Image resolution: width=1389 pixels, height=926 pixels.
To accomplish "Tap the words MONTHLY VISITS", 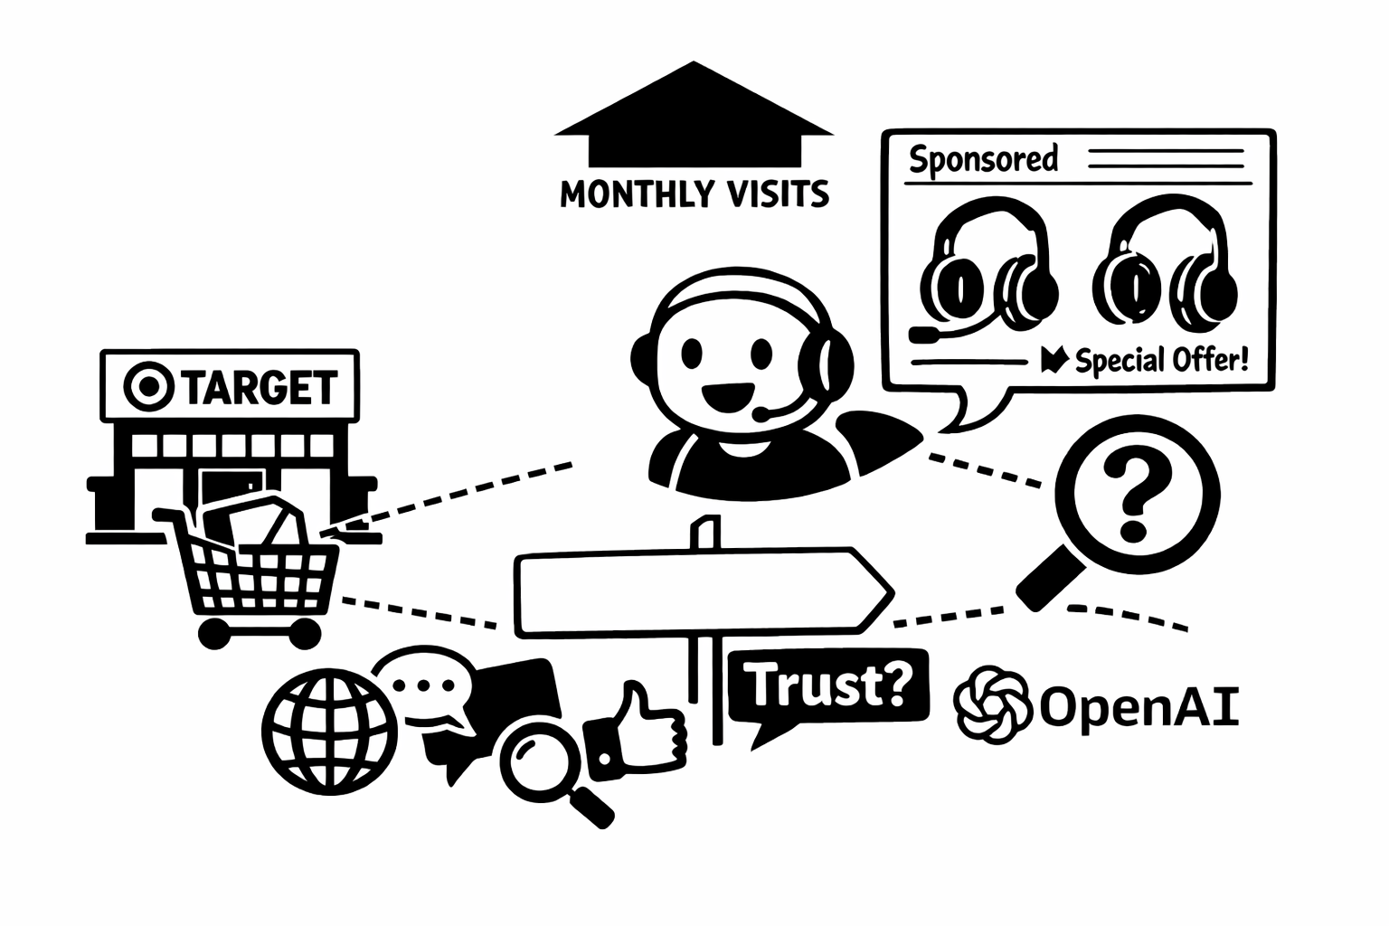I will (x=694, y=194).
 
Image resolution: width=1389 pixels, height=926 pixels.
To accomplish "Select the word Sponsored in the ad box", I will (x=983, y=159).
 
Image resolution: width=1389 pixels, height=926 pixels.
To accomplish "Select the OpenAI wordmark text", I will (x=1138, y=706).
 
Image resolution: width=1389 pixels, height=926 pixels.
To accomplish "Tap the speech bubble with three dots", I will (x=425, y=687).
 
